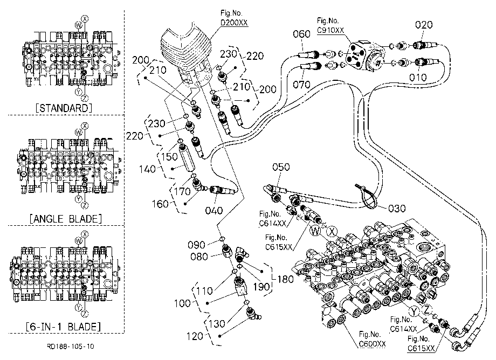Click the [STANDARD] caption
(64, 108)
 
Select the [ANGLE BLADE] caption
(66, 218)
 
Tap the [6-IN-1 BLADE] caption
(63, 326)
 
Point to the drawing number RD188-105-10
(70, 346)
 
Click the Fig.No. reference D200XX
(234, 23)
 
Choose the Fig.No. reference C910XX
(330, 30)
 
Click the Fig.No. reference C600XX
(373, 343)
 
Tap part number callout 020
(424, 25)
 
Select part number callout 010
(418, 77)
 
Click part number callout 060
(301, 34)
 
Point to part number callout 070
(301, 85)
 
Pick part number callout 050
(281, 167)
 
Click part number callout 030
(397, 208)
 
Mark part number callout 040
(214, 210)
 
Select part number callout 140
(147, 169)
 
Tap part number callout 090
(196, 245)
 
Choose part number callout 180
(285, 279)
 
